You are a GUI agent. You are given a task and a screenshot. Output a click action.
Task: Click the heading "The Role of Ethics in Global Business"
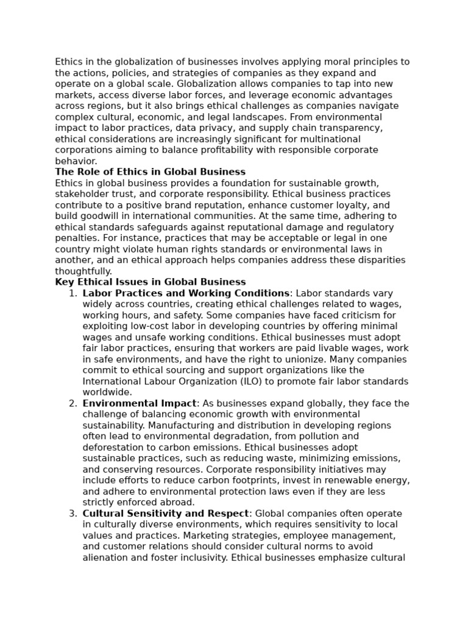click(150, 172)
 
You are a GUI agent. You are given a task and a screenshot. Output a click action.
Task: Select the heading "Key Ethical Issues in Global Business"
click(150, 282)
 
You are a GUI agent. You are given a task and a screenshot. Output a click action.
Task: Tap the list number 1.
click(73, 293)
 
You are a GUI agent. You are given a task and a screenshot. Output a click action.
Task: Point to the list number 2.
click(73, 403)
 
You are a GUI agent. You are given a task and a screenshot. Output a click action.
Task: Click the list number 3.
click(73, 513)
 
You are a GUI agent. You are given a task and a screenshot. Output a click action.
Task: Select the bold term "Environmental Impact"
click(140, 403)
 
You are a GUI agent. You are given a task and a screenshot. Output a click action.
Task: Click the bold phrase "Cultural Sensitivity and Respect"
click(166, 513)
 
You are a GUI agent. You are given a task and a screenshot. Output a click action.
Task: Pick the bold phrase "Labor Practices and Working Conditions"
click(186, 293)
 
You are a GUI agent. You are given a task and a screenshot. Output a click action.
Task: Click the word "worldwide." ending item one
click(107, 392)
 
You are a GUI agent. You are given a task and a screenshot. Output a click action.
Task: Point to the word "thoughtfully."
click(83, 271)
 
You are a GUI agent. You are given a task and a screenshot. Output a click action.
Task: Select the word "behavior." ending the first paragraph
click(76, 161)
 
